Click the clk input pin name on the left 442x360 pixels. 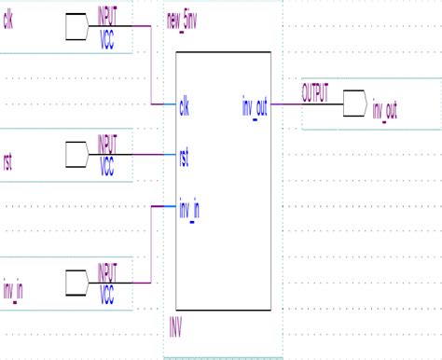tap(9, 19)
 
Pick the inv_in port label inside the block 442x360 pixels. tap(189, 208)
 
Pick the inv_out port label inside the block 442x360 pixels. tap(255, 106)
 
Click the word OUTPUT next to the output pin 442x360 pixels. tap(315, 94)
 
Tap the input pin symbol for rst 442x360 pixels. tap(79, 156)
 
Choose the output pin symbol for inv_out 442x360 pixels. tap(352, 104)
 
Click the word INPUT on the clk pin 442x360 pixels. tap(109, 14)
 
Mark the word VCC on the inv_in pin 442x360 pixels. tap(106, 298)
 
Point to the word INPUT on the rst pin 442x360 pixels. tap(109, 143)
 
